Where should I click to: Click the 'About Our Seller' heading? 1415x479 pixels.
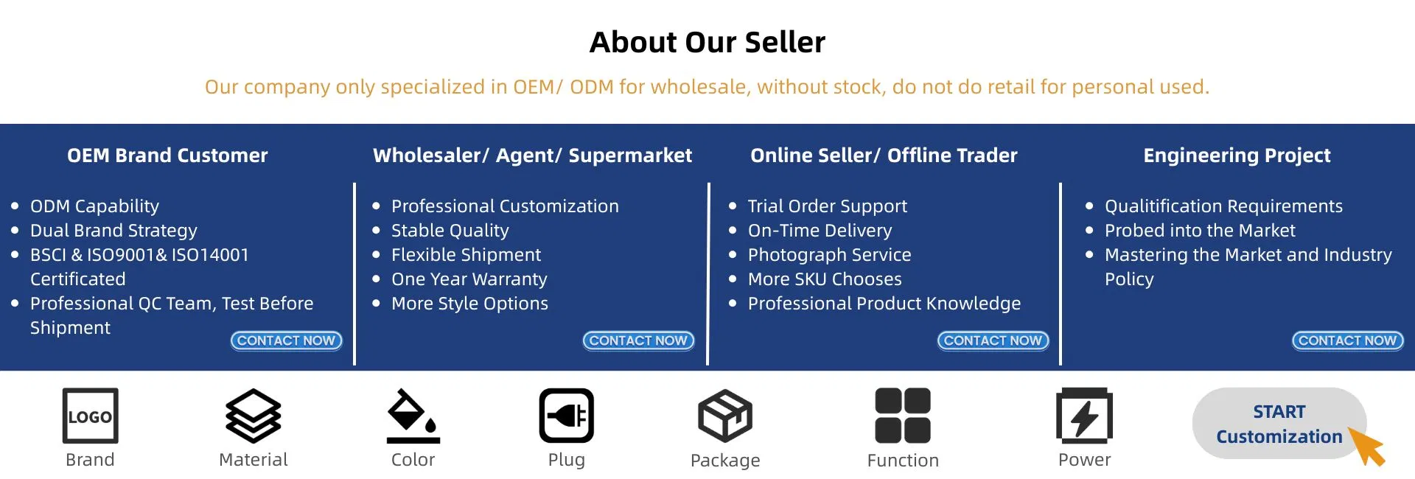click(707, 42)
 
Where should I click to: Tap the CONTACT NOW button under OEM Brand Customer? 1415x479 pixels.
click(287, 340)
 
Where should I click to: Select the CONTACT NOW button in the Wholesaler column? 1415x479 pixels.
click(639, 340)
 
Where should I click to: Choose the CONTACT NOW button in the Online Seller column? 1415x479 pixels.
click(993, 340)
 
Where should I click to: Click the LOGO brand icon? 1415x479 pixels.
click(90, 416)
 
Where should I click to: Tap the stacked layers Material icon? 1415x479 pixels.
click(254, 416)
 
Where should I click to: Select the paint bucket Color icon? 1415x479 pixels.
click(413, 416)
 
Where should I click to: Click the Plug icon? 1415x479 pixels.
click(567, 416)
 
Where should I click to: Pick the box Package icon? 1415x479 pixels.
click(725, 416)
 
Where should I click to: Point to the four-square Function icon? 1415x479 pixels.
click(903, 416)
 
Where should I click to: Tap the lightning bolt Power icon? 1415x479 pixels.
click(1084, 416)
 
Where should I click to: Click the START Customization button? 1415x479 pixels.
click(1279, 424)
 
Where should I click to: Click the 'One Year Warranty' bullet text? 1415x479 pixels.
click(469, 279)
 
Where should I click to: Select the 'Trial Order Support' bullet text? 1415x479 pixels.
click(828, 206)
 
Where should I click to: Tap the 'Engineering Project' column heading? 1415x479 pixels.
click(1237, 155)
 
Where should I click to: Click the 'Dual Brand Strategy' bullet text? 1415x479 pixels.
click(113, 231)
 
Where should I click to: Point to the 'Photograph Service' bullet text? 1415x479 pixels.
click(830, 255)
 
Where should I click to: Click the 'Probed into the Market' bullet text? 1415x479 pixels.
click(1200, 231)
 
